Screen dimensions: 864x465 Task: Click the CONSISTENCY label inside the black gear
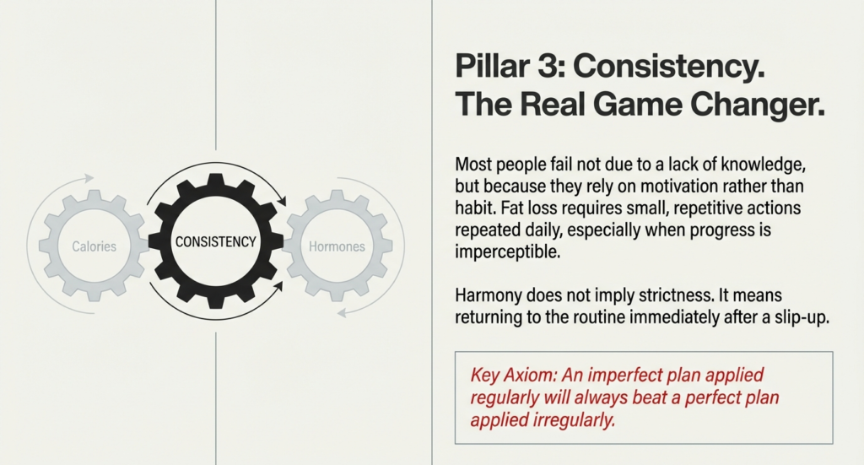pyautogui.click(x=215, y=242)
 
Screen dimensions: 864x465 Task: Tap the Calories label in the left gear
pyautogui.click(x=94, y=246)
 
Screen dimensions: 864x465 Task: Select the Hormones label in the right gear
pyautogui.click(x=337, y=246)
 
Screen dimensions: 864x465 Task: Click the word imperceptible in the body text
pyautogui.click(x=507, y=251)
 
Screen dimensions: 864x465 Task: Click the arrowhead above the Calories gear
pyautogui.click(x=89, y=179)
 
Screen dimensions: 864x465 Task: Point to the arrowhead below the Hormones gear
pyautogui.click(x=343, y=313)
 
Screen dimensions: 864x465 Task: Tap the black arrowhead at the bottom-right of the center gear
pyautogui.click(x=278, y=286)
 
